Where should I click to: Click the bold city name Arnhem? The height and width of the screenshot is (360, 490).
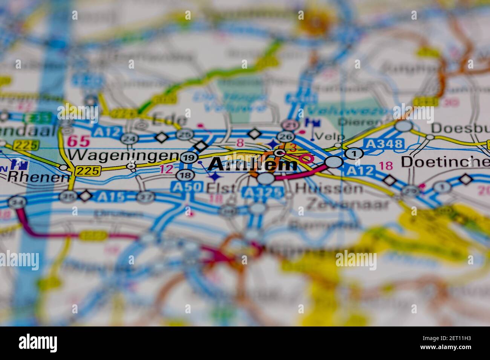(x=253, y=165)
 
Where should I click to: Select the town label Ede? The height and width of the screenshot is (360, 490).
(x=169, y=120)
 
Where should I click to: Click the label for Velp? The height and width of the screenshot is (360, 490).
(x=325, y=136)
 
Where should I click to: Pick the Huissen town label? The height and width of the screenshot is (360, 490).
(x=329, y=188)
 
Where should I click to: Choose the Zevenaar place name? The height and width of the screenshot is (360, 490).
(x=347, y=204)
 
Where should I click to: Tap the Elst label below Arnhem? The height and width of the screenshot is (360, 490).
(x=221, y=188)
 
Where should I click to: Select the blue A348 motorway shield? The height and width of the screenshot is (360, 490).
(x=384, y=143)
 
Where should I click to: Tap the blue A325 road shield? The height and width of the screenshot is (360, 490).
(x=263, y=192)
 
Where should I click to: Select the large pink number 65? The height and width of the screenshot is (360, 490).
(x=78, y=141)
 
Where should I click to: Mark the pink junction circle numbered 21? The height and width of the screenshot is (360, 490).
(x=290, y=124)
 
